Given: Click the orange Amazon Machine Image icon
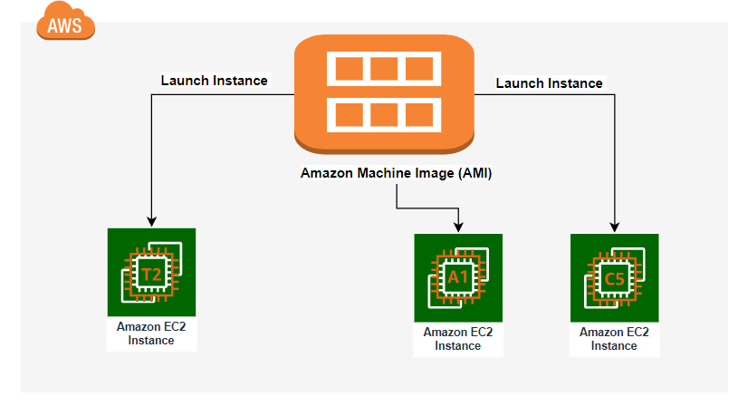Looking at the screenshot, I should click(386, 95).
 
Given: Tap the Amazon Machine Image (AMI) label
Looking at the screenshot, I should click(396, 173).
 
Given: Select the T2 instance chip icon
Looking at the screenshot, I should click(151, 271).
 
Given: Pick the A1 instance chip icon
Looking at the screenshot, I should click(458, 278).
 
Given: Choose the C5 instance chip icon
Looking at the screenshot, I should click(615, 278).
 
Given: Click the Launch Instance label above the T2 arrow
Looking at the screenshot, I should click(214, 80).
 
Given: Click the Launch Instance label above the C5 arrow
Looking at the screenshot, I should click(549, 82).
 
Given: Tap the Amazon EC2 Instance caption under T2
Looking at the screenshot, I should click(151, 333).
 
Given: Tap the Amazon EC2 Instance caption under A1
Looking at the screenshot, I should click(458, 338).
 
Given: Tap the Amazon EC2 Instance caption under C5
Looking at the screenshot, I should click(614, 338).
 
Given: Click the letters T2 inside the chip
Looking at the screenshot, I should click(150, 273).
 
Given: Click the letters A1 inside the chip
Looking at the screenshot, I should click(457, 279).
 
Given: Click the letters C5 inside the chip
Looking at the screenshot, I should click(614, 279).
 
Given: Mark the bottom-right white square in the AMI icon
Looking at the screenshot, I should click(419, 115).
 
